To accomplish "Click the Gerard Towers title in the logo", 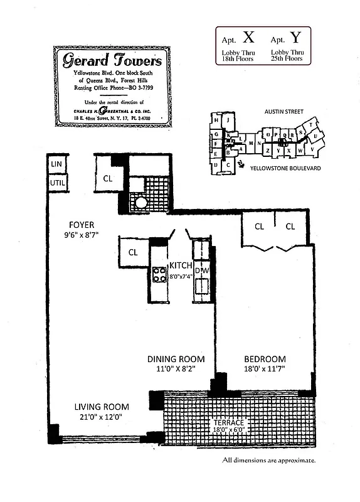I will [112, 60].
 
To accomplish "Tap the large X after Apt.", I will [248, 37].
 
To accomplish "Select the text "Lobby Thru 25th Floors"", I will [287, 55].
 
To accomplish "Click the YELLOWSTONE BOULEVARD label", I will [285, 169].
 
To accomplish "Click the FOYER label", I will [82, 225].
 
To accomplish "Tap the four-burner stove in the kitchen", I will [158, 274].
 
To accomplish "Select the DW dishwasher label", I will [202, 270].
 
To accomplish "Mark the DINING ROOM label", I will [173, 359].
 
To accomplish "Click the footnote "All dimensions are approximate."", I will [268, 461].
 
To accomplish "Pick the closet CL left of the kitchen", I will [133, 252].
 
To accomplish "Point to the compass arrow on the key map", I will [242, 164].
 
